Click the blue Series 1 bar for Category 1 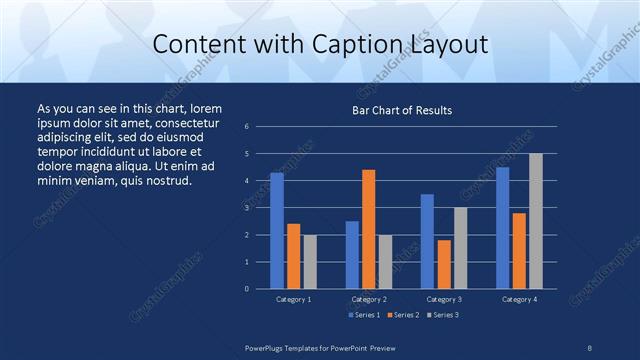[277, 231]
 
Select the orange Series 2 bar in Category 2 [368, 229]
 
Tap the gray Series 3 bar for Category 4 [535, 221]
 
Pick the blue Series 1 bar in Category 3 [427, 241]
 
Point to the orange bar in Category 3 [443, 264]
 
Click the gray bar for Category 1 [309, 262]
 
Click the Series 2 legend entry [401, 315]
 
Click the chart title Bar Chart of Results [402, 110]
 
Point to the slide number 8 [590, 347]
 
